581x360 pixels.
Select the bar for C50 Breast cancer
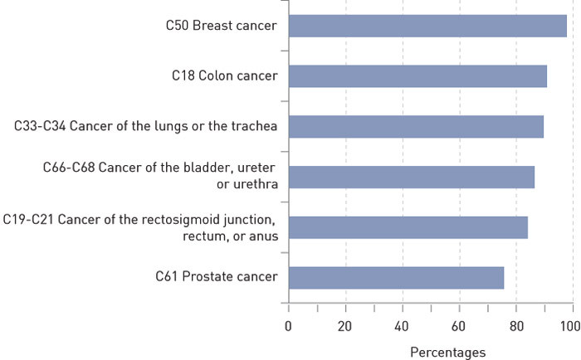tap(427, 26)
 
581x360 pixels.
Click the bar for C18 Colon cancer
tap(417, 76)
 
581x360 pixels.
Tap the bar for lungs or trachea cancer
tap(416, 127)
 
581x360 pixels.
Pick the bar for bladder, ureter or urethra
tap(411, 177)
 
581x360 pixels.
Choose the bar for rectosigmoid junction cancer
tap(408, 227)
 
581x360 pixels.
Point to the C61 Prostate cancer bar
tap(396, 278)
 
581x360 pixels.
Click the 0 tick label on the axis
tap(288, 325)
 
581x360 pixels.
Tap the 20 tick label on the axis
tap(345, 325)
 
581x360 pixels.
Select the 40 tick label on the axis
tap(402, 325)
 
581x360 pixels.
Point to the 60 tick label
tap(459, 325)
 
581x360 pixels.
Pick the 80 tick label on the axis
tap(515, 325)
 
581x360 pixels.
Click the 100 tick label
tap(569, 325)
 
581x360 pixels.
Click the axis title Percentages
tap(447, 353)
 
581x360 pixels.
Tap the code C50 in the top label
tap(177, 26)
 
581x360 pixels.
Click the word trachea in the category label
tap(253, 126)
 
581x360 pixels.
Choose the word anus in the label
tap(264, 236)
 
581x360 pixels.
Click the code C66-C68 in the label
tap(70, 168)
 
